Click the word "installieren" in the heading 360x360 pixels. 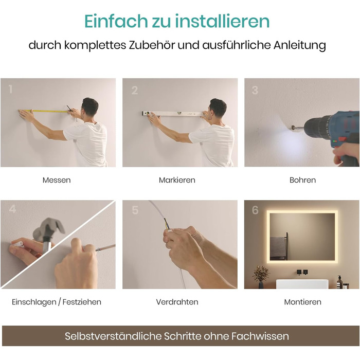click(222, 21)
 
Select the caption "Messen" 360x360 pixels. click(57, 180)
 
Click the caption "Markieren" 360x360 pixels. click(177, 180)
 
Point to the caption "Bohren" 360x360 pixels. click(302, 180)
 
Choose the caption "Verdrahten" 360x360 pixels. click(177, 302)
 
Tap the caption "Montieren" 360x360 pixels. click(302, 302)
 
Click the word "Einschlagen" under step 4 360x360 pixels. click(34, 302)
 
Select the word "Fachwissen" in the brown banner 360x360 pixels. click(260, 336)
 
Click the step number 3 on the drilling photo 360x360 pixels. click(255, 90)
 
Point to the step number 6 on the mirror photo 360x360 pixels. click(255, 210)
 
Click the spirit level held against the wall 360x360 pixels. click(173, 114)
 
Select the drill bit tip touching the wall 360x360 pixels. click(293, 127)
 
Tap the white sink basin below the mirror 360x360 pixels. click(302, 284)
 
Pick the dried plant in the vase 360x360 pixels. click(261, 274)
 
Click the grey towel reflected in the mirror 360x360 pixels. click(278, 248)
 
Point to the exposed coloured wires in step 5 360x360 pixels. click(166, 224)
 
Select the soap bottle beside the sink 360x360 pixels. click(339, 281)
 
